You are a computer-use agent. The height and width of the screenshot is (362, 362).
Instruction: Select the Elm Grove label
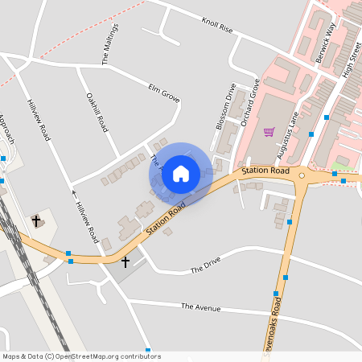click(x=163, y=93)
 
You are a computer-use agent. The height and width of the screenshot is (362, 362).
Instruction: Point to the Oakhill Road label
click(x=97, y=113)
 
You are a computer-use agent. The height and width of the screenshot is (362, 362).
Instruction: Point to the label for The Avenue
click(x=200, y=306)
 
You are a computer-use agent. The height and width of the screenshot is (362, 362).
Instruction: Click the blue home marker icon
click(x=181, y=173)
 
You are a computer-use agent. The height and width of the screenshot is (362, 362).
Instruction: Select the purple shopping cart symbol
click(x=269, y=132)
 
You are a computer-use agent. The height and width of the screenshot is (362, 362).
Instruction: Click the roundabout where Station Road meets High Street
click(x=302, y=175)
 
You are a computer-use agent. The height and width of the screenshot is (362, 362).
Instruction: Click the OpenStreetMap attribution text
click(x=81, y=356)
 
